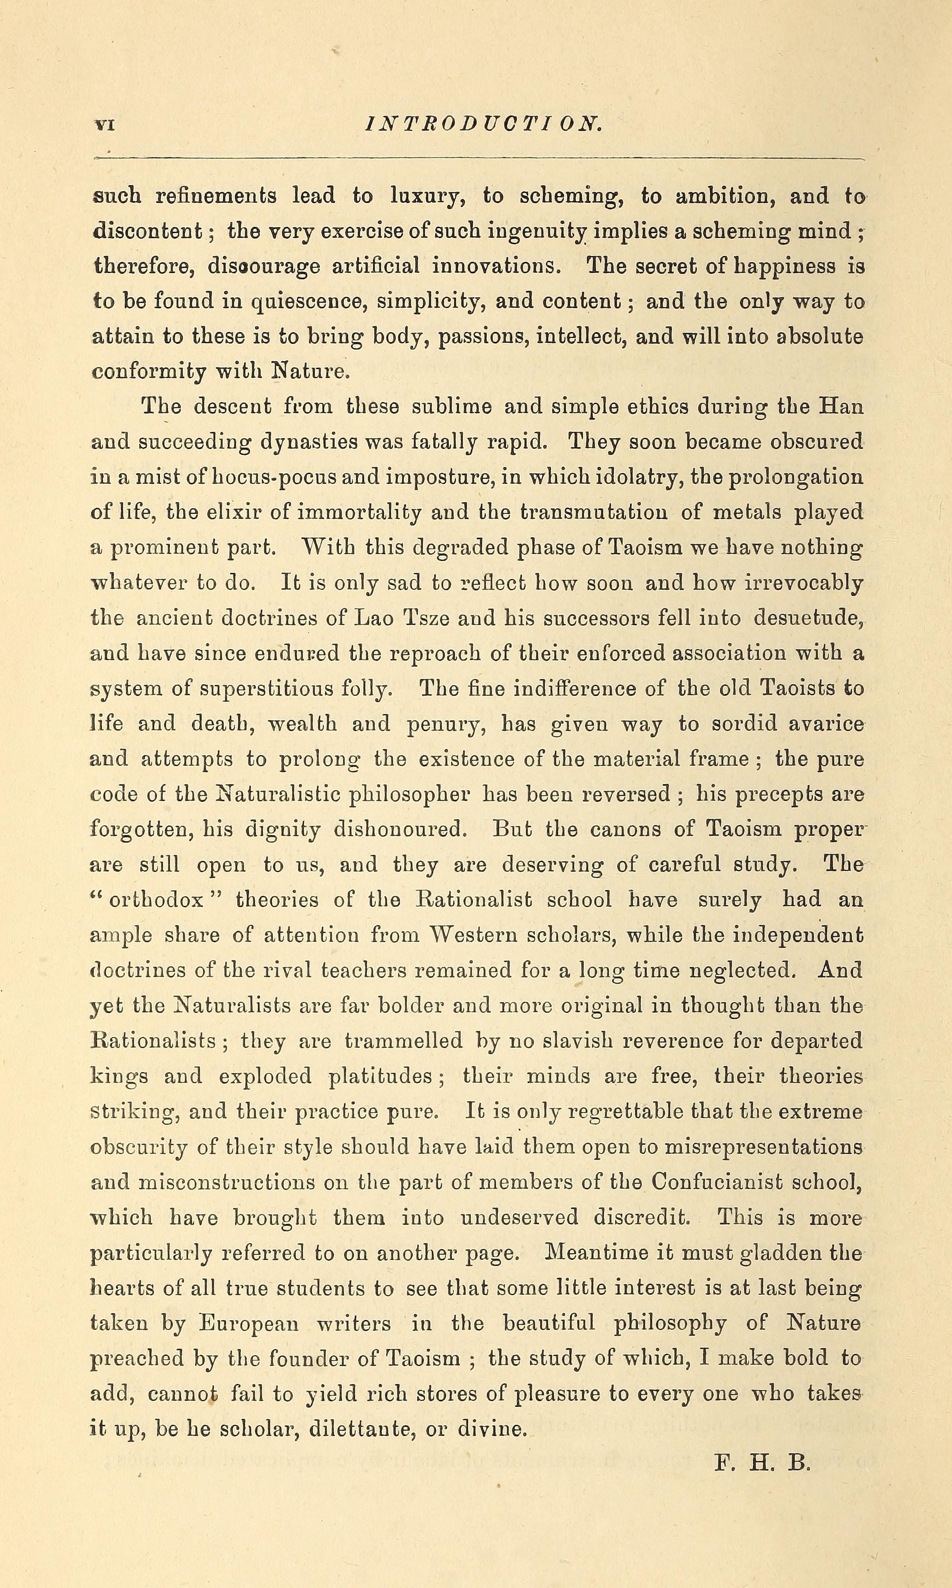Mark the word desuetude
[806, 618]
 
